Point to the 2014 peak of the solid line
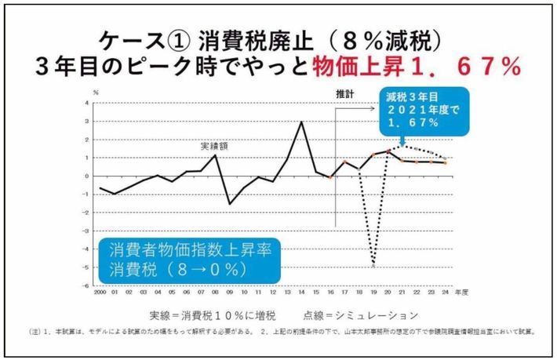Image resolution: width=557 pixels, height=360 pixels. (x=302, y=122)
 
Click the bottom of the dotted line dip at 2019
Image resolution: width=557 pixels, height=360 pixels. (x=373, y=267)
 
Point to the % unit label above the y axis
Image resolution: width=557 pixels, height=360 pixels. (x=96, y=92)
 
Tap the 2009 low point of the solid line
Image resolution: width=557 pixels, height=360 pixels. (x=231, y=203)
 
